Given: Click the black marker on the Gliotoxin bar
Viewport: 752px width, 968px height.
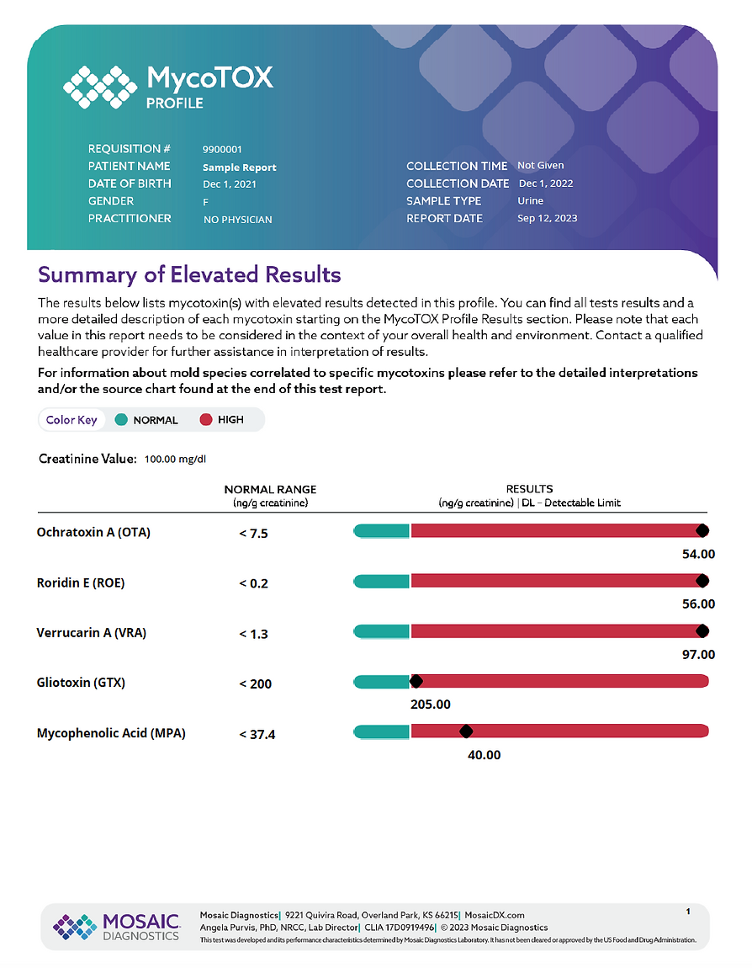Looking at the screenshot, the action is point(416,681).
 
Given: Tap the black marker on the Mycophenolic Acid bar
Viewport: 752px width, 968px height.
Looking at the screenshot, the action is point(466,731).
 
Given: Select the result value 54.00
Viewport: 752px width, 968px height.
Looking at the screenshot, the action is point(698,554).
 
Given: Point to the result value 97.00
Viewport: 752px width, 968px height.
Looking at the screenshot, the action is point(698,654).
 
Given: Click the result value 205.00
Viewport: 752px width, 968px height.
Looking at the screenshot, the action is point(431,705).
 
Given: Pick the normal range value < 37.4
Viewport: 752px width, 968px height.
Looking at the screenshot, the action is point(257,734).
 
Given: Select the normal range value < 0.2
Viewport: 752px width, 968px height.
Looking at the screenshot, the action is point(253,583).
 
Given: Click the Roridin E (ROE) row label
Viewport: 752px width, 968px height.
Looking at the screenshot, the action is point(81,582).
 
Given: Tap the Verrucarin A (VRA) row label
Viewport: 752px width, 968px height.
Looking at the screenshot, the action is point(92,633).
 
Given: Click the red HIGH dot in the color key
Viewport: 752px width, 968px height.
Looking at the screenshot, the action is point(206,420).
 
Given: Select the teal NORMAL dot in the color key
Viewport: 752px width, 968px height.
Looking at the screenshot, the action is point(121,420).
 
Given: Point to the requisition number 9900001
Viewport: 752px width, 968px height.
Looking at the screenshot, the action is point(222,149).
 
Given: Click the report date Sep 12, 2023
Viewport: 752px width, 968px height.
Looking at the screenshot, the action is point(548,218).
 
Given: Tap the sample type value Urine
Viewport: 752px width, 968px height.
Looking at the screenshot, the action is point(531,200).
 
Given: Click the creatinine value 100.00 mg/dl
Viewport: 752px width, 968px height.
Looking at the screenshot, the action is point(175,460).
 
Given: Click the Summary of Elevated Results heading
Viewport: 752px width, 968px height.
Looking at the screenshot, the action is point(189,274).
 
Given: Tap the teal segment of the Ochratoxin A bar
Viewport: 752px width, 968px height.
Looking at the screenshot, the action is point(381,530).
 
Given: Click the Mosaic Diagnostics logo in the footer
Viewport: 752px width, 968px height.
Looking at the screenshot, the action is point(117,927).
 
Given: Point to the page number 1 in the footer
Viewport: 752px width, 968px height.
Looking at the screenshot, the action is point(688,912).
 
